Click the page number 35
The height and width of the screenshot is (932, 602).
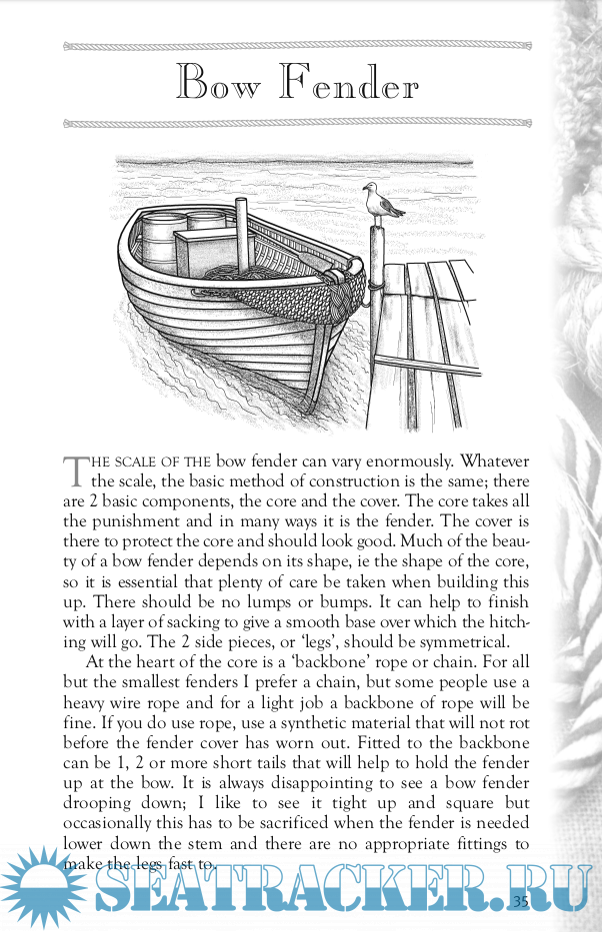[520, 901]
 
